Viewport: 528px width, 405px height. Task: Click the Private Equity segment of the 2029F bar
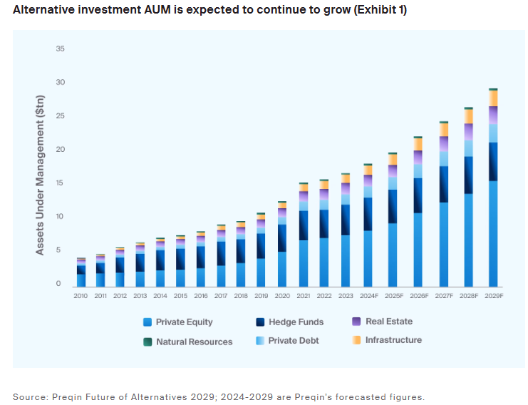pyautogui.click(x=493, y=232)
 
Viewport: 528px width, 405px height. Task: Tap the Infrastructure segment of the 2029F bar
pyautogui.click(x=493, y=98)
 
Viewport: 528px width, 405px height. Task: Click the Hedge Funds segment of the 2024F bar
pyautogui.click(x=368, y=214)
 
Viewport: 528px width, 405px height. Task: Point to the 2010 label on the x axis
pyautogui.click(x=81, y=294)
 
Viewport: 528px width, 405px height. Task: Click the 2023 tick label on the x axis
pyautogui.click(x=346, y=294)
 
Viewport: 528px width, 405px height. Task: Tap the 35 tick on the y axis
pyautogui.click(x=60, y=49)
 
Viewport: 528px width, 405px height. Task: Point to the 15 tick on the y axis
pyautogui.click(x=60, y=183)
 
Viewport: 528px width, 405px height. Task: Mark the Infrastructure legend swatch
pyautogui.click(x=356, y=341)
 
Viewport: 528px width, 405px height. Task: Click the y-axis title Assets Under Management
pyautogui.click(x=41, y=175)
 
